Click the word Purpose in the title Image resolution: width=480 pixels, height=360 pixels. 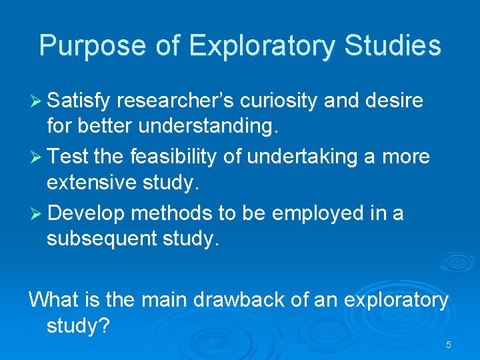pyautogui.click(x=91, y=46)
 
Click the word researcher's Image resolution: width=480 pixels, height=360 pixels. pyautogui.click(x=177, y=101)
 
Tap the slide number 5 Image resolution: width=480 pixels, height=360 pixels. pyautogui.click(x=448, y=345)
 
